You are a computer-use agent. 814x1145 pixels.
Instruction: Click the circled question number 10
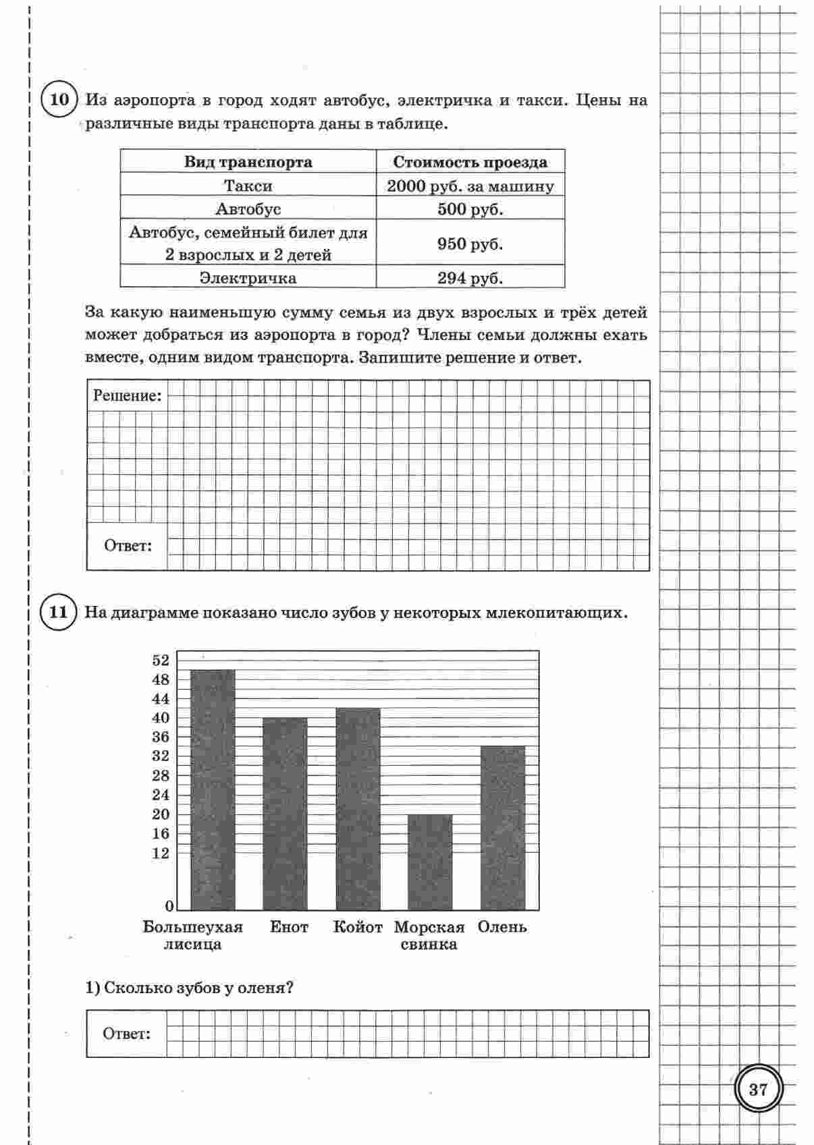(59, 101)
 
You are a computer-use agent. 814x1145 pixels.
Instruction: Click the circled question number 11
(59, 613)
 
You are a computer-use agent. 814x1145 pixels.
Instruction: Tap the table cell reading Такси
(248, 186)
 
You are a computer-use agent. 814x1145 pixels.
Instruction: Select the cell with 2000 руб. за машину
(470, 186)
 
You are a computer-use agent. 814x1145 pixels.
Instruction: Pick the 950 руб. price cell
(470, 244)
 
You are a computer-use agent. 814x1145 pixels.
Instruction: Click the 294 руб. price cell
(470, 278)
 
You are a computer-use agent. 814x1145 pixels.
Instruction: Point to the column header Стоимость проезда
(470, 163)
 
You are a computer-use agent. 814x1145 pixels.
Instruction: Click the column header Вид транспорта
(248, 163)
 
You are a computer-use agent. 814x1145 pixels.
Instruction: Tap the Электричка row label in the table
(248, 278)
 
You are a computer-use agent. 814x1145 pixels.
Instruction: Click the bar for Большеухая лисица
(213, 789)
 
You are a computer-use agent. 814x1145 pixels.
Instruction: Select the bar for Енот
(285, 813)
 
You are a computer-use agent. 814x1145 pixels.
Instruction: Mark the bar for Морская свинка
(430, 862)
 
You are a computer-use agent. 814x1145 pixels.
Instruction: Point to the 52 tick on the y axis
(161, 661)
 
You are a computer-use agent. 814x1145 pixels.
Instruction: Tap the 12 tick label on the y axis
(161, 854)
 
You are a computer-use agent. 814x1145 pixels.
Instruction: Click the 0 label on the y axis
(169, 905)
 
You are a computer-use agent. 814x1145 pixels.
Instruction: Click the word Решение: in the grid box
(127, 396)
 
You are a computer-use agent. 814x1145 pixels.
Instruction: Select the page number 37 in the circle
(758, 1089)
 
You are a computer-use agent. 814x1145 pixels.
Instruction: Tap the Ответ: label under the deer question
(126, 1034)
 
